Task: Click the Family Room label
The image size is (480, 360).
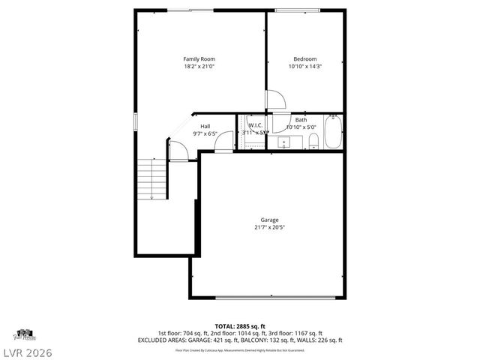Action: pyautogui.click(x=199, y=58)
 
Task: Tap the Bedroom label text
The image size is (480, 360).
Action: pyautogui.click(x=304, y=59)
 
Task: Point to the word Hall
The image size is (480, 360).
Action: pyautogui.click(x=205, y=126)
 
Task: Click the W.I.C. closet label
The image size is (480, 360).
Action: pyautogui.click(x=254, y=125)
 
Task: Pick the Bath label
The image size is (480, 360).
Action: pyautogui.click(x=301, y=120)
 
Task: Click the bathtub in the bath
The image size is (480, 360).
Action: pyautogui.click(x=333, y=132)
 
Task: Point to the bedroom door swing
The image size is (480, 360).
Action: pyautogui.click(x=274, y=100)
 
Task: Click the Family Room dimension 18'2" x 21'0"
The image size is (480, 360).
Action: pyautogui.click(x=199, y=66)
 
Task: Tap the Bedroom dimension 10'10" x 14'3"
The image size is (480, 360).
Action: pyautogui.click(x=304, y=67)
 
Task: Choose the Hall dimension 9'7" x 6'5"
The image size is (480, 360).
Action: pyautogui.click(x=205, y=133)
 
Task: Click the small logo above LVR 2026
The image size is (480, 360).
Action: pyautogui.click(x=24, y=334)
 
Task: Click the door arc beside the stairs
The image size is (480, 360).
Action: pyautogui.click(x=177, y=151)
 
